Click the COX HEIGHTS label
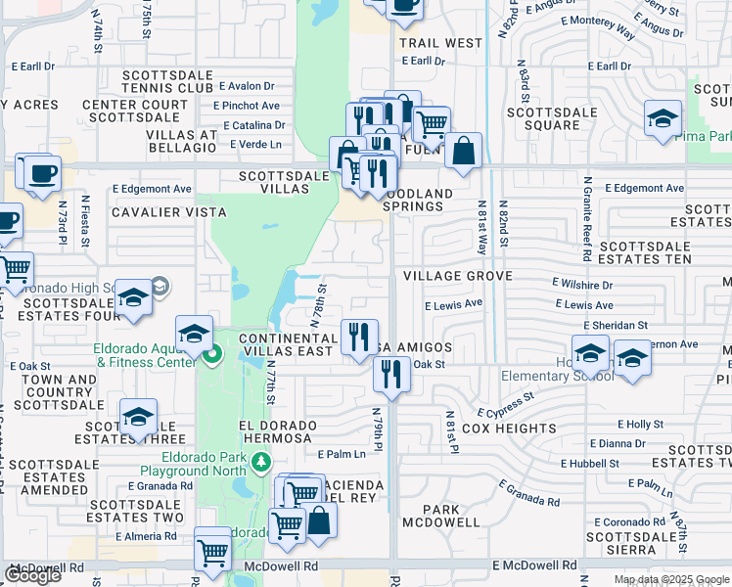(509, 429)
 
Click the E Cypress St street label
(506, 405)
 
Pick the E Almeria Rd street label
(146, 536)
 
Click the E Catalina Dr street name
(253, 125)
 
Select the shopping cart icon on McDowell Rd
(212, 550)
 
